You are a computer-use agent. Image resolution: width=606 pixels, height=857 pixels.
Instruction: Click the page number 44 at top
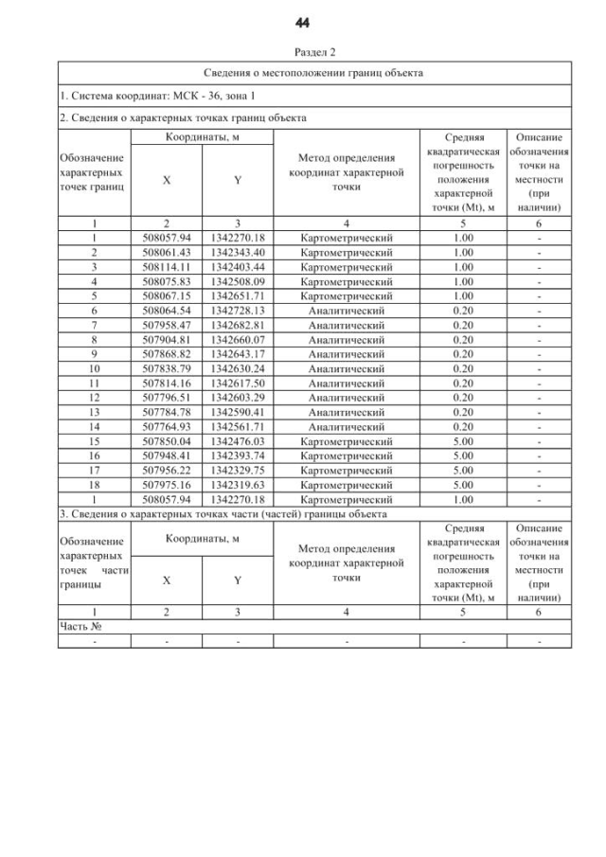click(x=303, y=23)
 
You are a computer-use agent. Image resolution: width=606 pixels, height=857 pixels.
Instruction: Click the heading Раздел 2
click(x=303, y=53)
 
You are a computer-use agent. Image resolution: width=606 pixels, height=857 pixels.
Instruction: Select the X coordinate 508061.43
click(x=166, y=254)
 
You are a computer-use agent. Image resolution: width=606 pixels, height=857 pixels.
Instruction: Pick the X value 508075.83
click(x=166, y=281)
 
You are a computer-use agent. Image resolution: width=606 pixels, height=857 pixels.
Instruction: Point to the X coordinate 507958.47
click(x=166, y=324)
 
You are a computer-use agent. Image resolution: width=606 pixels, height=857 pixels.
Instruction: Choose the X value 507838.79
click(x=166, y=366)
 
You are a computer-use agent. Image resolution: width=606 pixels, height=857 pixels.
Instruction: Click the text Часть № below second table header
click(x=80, y=626)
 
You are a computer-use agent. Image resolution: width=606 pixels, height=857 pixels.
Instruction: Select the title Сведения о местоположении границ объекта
click(x=313, y=73)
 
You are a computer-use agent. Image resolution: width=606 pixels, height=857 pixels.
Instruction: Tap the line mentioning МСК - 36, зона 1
click(x=156, y=97)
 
